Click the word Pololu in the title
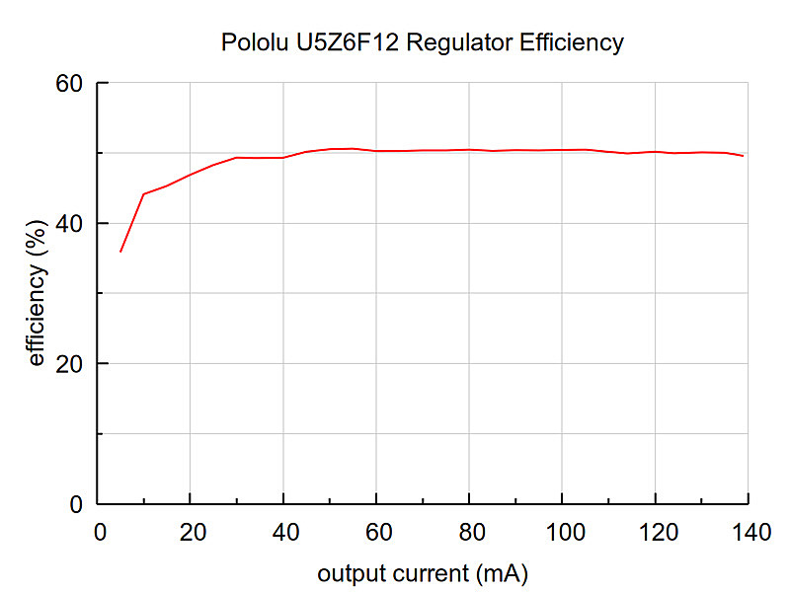pos(255,42)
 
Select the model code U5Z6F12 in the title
pos(348,42)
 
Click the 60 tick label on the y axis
pos(69,83)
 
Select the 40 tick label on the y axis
pos(69,224)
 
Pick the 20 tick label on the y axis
pos(69,364)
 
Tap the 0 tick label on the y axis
pos(76,504)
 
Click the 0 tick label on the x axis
pos(101,532)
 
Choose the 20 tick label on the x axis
pos(193,532)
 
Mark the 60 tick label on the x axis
pos(379,532)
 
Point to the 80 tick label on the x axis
pos(472,532)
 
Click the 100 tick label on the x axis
pos(565,532)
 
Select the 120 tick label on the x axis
pos(659,532)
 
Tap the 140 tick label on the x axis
pos(751,532)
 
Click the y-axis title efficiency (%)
pos(37,292)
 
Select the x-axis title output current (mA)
pos(423,574)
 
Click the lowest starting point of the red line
pos(120,252)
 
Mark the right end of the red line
pos(744,156)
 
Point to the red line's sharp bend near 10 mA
pos(144,193)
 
